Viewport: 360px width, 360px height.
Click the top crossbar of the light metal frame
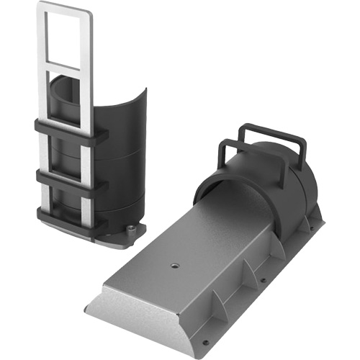(x=65, y=8)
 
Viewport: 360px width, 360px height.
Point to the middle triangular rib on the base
(x=248, y=272)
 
